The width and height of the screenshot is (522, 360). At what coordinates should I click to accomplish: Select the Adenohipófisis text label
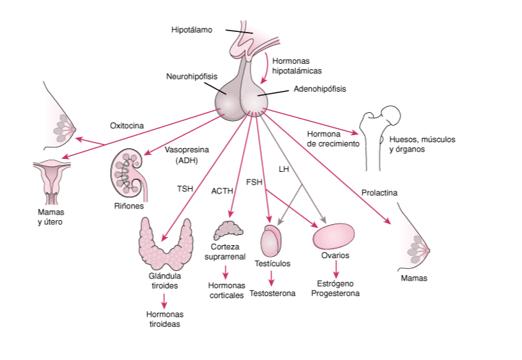(320, 89)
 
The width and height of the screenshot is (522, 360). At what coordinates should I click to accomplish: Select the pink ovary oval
(335, 237)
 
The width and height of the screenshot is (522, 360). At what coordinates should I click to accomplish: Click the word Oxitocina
(126, 125)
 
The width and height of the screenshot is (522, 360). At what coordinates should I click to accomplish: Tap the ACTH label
(222, 192)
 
